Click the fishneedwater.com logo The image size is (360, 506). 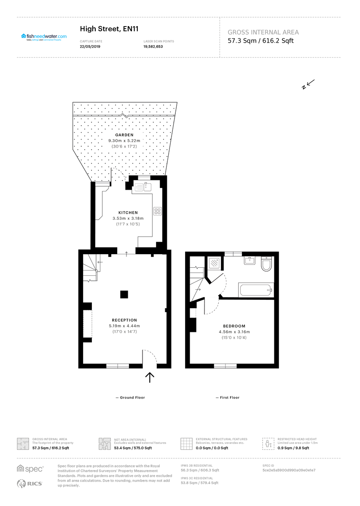[x=43, y=37]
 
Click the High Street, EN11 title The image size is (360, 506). [x=109, y=29]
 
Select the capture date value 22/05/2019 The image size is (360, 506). [x=90, y=47]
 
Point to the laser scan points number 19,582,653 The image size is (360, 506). [x=153, y=47]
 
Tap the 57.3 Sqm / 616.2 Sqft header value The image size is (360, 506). [x=261, y=41]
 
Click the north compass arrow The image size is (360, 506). [x=308, y=84]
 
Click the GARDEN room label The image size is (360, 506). [x=124, y=135]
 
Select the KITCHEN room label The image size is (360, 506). [x=128, y=213]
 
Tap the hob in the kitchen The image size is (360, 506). [x=157, y=211]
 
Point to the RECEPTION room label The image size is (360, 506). [x=124, y=320]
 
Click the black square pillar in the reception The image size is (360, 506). [x=124, y=295]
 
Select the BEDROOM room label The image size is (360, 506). [x=234, y=326]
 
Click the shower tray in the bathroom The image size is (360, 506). [x=215, y=264]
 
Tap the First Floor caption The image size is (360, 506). [x=228, y=398]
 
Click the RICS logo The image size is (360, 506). [x=30, y=484]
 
